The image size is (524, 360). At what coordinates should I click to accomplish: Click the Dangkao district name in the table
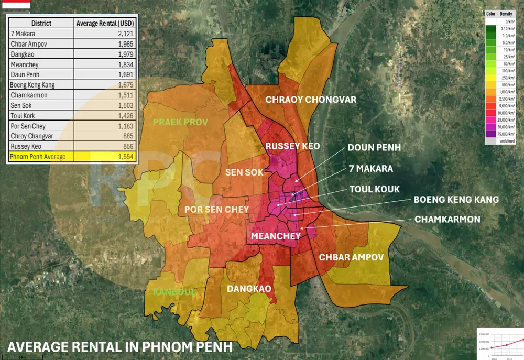tap(22, 54)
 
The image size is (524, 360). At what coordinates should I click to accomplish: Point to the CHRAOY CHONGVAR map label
tap(311, 100)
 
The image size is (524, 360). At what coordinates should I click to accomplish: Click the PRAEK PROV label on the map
tap(180, 122)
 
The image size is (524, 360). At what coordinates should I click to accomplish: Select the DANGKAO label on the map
tap(249, 289)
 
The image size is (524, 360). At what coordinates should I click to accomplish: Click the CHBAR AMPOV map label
tap(352, 257)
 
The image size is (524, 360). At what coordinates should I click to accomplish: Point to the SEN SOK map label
tap(244, 172)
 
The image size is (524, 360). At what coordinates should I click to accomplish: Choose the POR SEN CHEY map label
tap(216, 209)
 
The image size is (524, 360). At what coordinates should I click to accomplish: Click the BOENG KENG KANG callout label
tap(456, 200)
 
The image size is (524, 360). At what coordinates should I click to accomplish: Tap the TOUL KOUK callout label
tap(375, 189)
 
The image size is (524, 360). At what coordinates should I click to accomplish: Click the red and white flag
tap(15, 5)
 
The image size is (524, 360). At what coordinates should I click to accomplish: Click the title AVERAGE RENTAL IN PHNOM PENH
tap(119, 347)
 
